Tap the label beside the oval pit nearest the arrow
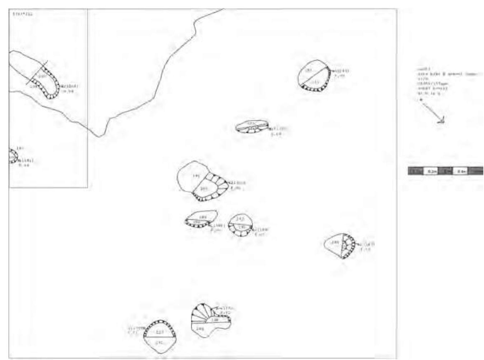coord(339,73)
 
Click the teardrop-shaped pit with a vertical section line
coord(340,245)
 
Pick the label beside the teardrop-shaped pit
coord(367,246)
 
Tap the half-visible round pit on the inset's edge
coord(13,156)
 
